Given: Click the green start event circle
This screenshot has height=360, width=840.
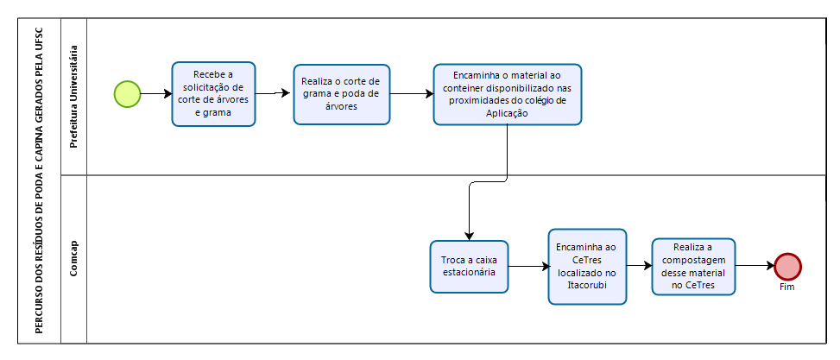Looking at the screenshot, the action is click(x=127, y=94).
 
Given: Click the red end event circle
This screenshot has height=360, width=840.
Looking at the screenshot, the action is click(x=787, y=266).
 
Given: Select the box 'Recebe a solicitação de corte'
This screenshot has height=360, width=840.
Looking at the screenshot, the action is click(x=213, y=94).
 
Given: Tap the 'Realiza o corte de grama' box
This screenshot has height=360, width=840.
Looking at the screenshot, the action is click(x=341, y=95).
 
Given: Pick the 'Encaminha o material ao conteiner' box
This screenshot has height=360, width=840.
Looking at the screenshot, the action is click(x=508, y=95).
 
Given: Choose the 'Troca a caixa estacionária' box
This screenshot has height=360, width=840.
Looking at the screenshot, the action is click(x=469, y=266).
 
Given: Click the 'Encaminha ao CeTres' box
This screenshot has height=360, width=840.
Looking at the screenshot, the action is click(x=587, y=266).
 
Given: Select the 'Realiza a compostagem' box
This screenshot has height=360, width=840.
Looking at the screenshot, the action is click(x=693, y=266).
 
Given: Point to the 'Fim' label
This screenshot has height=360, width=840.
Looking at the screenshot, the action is click(x=787, y=287).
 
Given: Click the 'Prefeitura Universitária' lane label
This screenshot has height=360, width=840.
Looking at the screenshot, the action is click(x=74, y=97).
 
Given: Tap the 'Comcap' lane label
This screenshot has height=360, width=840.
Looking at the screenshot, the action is click(x=74, y=259).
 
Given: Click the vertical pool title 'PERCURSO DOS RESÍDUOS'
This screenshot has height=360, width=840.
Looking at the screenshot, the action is click(x=40, y=180).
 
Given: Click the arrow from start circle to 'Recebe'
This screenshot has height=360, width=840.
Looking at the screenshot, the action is click(x=156, y=94).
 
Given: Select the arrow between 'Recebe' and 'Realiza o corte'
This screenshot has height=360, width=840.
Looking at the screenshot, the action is click(x=275, y=93).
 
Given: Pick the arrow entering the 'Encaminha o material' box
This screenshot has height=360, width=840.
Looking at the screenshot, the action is click(x=412, y=94).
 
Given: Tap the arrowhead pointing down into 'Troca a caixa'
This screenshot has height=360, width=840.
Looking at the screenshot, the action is click(x=470, y=236).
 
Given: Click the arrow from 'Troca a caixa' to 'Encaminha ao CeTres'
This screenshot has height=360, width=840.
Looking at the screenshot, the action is click(x=528, y=266).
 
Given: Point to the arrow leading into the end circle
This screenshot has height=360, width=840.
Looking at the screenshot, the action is click(x=755, y=266).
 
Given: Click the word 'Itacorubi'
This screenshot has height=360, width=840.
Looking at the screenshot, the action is click(x=587, y=284).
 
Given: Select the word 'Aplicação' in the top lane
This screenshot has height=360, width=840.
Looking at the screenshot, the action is click(x=508, y=113).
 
